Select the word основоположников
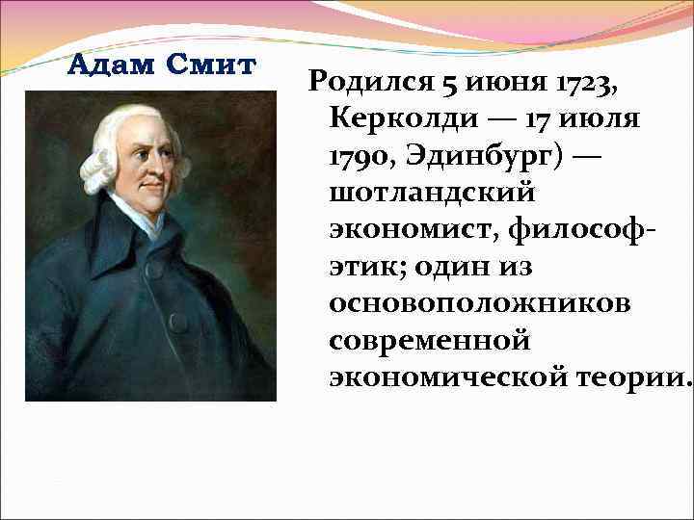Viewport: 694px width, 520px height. pos(480,302)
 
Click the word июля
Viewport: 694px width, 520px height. pos(602,119)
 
